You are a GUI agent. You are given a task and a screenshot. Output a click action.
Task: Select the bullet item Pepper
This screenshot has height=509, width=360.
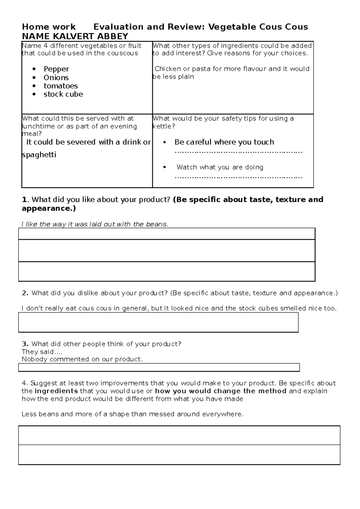pos(56,69)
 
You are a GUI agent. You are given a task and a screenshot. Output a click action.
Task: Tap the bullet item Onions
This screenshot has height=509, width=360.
pos(56,78)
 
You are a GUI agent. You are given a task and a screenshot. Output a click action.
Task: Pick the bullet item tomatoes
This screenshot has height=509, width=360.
pos(61,86)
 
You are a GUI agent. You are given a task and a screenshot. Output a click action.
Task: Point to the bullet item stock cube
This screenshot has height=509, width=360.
pos(63,94)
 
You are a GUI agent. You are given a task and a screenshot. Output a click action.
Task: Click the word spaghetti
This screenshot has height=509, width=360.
pos(39,155)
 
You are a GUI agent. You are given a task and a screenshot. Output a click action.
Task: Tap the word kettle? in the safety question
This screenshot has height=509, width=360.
pos(163,126)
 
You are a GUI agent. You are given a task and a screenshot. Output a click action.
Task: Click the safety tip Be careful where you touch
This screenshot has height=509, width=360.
pos(224,142)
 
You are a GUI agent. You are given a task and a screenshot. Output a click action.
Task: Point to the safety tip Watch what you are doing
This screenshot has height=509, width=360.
pos(220,167)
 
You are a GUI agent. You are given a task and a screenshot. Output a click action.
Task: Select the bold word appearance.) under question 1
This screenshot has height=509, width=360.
pos(49,208)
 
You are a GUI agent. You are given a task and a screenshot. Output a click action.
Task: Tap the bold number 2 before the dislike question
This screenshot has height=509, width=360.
pos(25,293)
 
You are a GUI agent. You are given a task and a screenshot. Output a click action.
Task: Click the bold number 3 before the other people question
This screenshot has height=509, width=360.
pos(25,344)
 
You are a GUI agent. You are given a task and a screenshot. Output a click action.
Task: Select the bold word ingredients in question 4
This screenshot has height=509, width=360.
pos(56,391)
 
